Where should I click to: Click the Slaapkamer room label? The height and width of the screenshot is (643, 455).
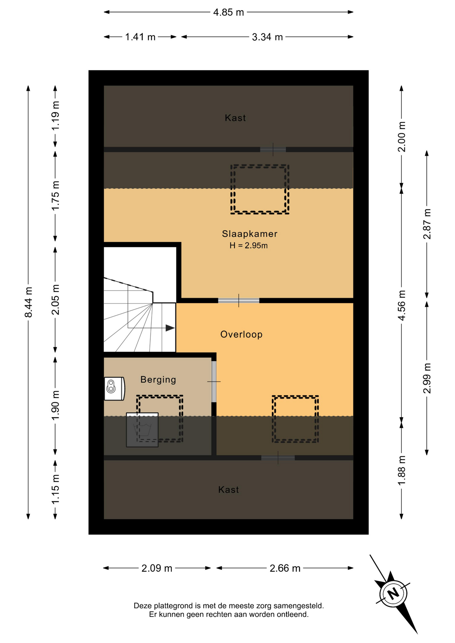pos(250,234)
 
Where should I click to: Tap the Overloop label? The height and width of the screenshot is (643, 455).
pos(241,334)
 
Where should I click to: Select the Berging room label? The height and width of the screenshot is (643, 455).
pos(158,380)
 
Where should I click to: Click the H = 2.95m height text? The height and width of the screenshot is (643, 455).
pos(249,245)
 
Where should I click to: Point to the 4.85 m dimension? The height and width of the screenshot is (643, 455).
pos(229,12)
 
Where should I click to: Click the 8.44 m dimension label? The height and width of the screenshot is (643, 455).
pos(28,302)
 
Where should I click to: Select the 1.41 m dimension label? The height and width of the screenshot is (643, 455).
pos(140,37)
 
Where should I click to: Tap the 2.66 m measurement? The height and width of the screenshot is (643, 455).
pos(285,568)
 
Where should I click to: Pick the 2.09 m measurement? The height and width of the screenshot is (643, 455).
pos(157,568)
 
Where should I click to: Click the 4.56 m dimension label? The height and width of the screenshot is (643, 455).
pos(401,305)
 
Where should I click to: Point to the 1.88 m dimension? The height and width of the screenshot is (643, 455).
pos(401,470)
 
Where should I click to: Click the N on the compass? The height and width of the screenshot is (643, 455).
pos(393,593)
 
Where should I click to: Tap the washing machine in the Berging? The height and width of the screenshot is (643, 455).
pos(142,430)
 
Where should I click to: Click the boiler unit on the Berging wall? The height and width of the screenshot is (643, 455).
pos(114,388)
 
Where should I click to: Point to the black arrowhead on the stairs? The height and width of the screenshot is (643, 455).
pos(170,328)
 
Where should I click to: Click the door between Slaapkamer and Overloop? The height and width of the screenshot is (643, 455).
pos(239,300)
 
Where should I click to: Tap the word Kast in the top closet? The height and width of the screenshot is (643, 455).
pos(235,118)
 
